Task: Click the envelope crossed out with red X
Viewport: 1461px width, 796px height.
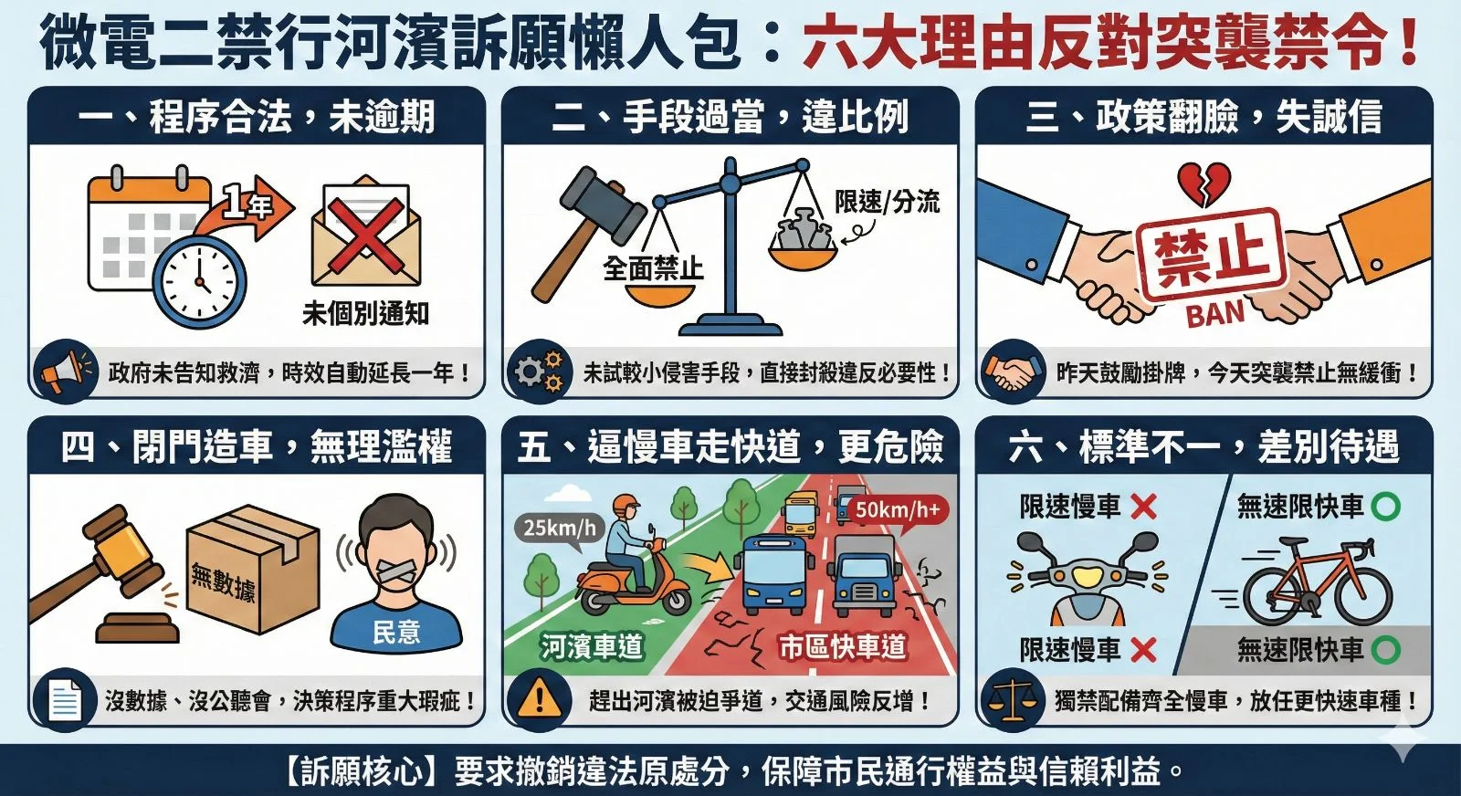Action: click(365, 235)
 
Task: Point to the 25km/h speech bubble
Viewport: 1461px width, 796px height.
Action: click(559, 528)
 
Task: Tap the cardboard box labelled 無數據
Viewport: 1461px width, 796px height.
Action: click(251, 571)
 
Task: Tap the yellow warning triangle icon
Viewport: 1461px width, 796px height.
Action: click(540, 699)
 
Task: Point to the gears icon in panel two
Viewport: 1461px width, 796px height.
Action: click(538, 372)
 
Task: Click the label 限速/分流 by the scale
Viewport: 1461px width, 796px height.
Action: click(887, 202)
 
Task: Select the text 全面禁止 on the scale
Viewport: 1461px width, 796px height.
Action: click(653, 268)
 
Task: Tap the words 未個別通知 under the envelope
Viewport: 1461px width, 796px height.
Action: click(365, 314)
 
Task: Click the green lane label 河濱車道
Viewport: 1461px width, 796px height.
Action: click(592, 647)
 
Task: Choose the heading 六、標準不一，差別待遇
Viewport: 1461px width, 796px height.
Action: click(1203, 446)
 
